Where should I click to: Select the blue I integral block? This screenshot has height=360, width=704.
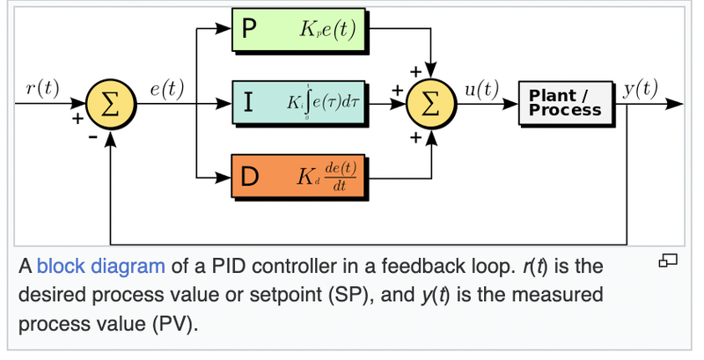tap(299, 102)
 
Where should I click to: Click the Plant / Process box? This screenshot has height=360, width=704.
tap(565, 102)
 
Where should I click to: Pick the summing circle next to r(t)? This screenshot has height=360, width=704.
tap(111, 103)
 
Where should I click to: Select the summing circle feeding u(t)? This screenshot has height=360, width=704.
tap(430, 103)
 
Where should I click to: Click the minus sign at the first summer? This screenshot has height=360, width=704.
tap(91, 137)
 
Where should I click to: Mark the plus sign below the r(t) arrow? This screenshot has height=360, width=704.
tap(78, 118)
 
